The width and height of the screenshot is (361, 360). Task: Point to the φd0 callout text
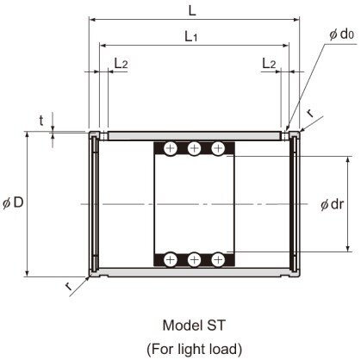[x=339, y=34]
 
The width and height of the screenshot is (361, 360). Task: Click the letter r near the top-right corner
[x=310, y=112]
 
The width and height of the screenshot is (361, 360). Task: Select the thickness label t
[x=40, y=121]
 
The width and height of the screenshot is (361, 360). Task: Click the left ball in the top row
[x=171, y=148]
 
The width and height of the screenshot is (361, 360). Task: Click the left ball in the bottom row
[x=171, y=258]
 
